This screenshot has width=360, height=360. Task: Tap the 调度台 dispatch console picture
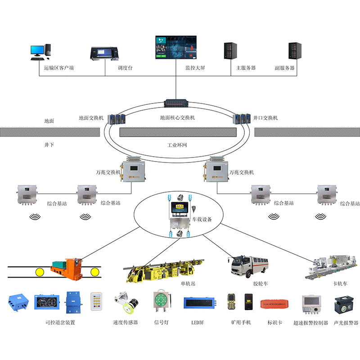(x=105, y=53)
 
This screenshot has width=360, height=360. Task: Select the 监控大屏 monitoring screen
(x=176, y=47)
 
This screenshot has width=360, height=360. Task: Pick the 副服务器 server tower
(x=295, y=52)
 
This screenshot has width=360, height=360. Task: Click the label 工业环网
(x=177, y=146)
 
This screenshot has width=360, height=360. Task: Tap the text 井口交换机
(x=265, y=118)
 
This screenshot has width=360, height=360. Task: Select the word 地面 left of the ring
(x=49, y=121)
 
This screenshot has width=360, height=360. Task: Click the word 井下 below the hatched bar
(x=49, y=145)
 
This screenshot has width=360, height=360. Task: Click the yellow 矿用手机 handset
(x=232, y=303)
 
